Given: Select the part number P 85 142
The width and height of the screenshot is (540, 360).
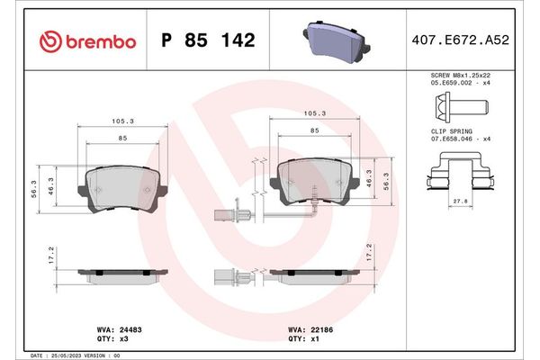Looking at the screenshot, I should pyautogui.click(x=207, y=41).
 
